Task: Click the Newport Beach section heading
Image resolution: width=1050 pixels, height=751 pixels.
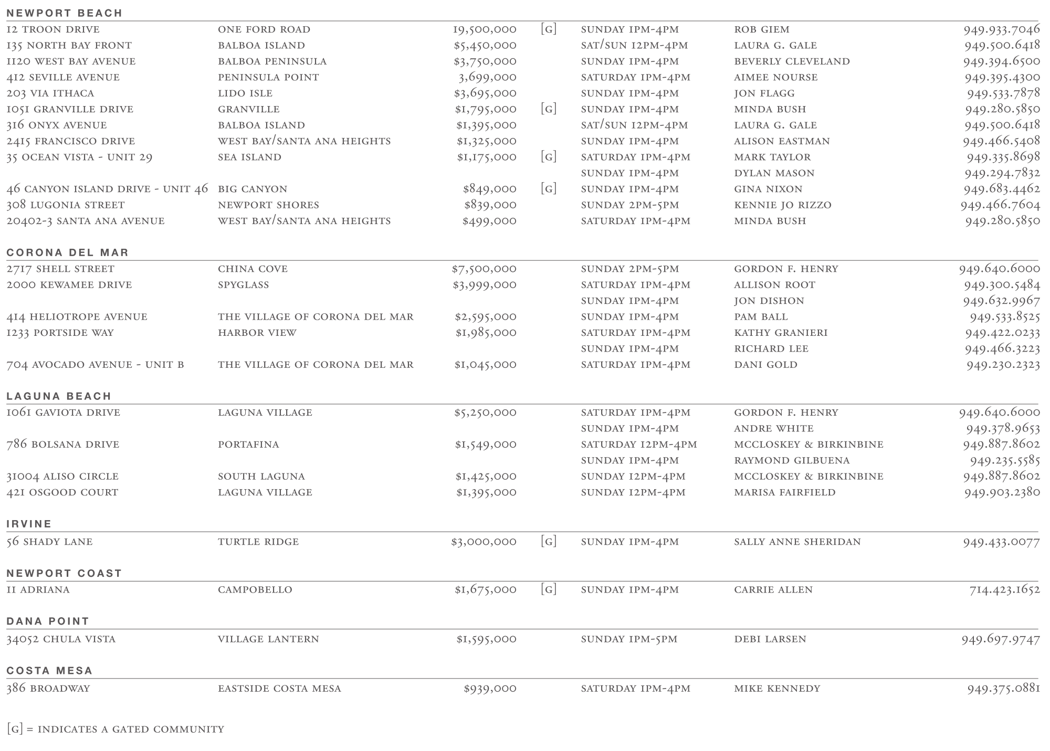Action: click(64, 13)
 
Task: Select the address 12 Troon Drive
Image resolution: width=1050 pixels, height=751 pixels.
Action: click(53, 29)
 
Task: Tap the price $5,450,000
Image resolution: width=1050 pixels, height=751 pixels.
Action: click(485, 46)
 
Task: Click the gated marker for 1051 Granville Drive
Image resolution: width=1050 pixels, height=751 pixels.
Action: click(548, 109)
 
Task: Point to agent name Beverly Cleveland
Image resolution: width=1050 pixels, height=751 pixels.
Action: click(792, 61)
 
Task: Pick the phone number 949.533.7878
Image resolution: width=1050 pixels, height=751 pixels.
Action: click(1003, 93)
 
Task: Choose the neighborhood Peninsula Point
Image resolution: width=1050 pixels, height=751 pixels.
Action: click(268, 77)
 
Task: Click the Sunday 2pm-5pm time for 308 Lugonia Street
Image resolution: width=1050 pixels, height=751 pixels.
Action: click(629, 205)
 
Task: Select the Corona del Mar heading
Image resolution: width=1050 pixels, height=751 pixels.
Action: click(67, 252)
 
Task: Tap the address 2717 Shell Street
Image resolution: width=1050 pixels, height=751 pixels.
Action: click(60, 269)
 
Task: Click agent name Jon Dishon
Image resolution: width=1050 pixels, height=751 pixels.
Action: click(769, 301)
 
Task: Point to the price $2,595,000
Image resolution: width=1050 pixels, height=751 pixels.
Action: click(486, 317)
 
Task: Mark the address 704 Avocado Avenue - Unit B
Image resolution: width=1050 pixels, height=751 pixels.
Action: click(95, 365)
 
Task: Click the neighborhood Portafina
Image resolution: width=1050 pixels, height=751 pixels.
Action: click(248, 445)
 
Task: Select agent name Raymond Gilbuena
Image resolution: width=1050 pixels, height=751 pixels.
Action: click(792, 460)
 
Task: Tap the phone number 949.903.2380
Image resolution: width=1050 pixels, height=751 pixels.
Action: click(1002, 492)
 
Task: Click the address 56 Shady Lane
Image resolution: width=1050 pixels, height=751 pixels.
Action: click(49, 542)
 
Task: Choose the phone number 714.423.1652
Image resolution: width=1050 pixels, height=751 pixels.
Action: click(1004, 590)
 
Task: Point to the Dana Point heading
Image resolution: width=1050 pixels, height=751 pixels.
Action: click(48, 621)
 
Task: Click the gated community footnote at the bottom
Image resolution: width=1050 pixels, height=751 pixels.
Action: click(115, 729)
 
